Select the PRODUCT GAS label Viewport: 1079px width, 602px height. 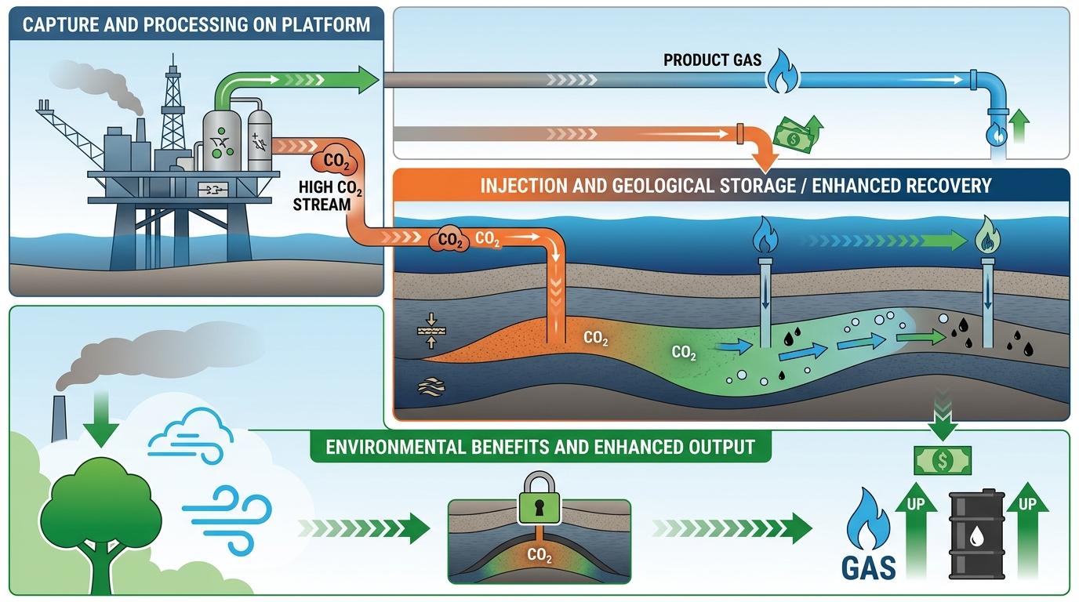tap(712, 60)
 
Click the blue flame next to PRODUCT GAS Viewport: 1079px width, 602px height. tap(780, 71)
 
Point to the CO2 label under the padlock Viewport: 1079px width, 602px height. tap(539, 555)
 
